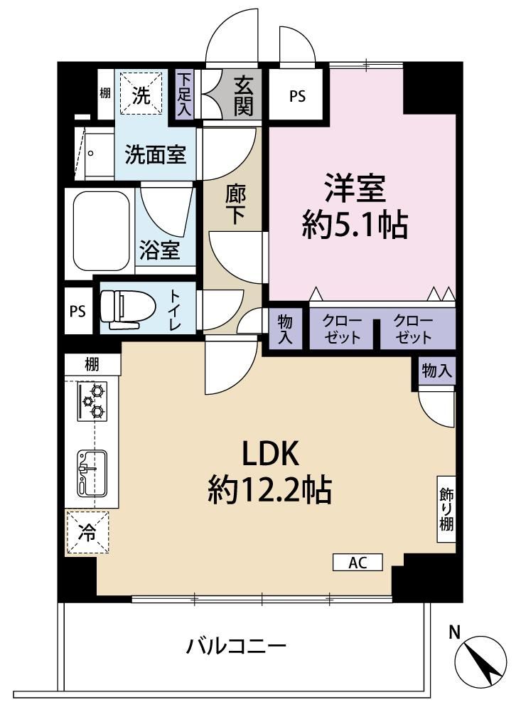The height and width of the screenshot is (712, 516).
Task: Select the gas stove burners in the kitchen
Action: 92,401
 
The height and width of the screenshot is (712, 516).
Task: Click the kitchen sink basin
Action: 92,473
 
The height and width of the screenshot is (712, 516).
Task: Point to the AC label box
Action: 358,562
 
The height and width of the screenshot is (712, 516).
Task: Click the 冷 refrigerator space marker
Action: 87,532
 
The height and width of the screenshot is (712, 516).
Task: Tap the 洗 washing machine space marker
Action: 141,95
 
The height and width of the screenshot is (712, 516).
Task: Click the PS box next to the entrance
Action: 297,96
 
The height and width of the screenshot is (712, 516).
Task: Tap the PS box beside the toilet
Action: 78,312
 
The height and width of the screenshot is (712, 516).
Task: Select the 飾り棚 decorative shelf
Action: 446,509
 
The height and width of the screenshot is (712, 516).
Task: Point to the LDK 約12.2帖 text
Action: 270,472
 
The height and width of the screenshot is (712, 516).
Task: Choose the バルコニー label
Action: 237,645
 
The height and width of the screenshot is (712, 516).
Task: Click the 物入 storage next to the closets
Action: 285,329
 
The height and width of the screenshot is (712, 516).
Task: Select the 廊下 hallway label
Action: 235,206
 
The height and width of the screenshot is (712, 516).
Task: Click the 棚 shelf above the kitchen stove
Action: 92,365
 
